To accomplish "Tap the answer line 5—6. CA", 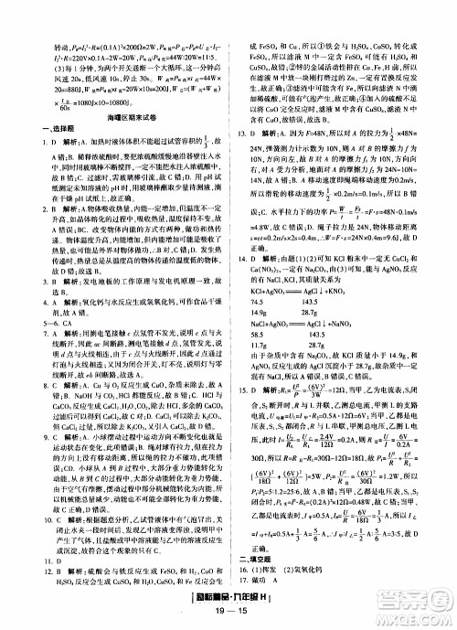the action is click(33, 352).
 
